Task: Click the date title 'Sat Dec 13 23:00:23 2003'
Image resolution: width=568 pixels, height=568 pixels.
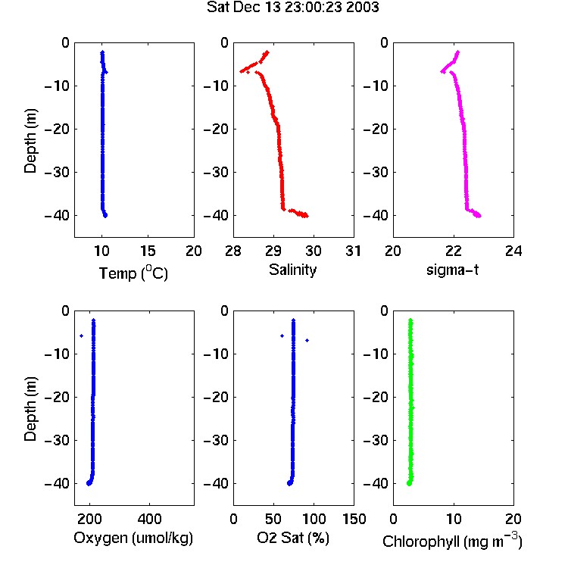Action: click(292, 7)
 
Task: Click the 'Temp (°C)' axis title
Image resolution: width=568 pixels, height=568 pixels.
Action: click(133, 273)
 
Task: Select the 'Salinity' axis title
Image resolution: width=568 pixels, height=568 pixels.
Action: click(292, 270)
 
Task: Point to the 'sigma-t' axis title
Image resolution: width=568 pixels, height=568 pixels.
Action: click(452, 270)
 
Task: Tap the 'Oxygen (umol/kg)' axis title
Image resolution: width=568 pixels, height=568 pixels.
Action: click(133, 538)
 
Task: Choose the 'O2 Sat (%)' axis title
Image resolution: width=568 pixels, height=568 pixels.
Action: click(293, 538)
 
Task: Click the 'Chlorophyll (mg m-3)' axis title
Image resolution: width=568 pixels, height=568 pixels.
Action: click(452, 541)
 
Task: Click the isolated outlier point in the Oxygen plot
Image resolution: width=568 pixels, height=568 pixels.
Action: click(82, 335)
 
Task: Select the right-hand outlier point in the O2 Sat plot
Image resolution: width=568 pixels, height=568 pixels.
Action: click(307, 340)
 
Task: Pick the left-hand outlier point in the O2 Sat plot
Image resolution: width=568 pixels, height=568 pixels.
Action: click(282, 335)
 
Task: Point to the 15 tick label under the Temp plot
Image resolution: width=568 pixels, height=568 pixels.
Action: click(148, 251)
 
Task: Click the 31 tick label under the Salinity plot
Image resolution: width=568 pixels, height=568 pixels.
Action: click(353, 251)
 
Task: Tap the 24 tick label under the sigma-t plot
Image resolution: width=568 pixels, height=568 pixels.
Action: click(513, 251)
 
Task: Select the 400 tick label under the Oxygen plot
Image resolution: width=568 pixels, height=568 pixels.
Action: click(150, 519)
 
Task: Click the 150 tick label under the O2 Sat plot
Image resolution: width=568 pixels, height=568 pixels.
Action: click(354, 519)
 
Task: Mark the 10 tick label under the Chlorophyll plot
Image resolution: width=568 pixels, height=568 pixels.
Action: click(454, 519)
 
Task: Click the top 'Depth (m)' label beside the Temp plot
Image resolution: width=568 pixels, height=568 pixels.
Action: click(30, 141)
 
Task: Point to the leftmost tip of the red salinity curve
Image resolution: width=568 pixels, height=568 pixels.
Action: click(241, 71)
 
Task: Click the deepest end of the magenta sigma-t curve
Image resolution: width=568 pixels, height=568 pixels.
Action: click(479, 216)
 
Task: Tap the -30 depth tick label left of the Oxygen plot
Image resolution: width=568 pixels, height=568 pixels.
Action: click(57, 440)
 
